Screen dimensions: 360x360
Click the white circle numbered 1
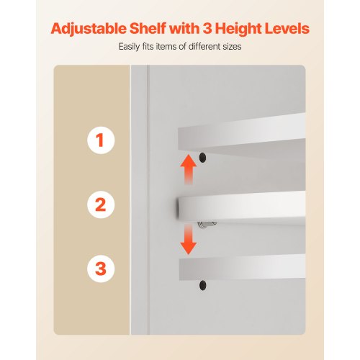tap(101, 140)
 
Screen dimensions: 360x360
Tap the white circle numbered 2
tap(101, 204)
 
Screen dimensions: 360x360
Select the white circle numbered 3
tap(101, 269)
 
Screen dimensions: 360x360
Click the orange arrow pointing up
tap(189, 169)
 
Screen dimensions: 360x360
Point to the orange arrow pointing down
tap(189, 240)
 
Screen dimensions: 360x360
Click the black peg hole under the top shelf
tap(203, 158)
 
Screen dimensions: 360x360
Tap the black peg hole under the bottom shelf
tap(203, 285)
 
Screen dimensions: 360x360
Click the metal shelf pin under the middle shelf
tap(207, 224)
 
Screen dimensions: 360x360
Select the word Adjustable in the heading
tap(89, 30)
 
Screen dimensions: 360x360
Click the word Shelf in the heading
tap(148, 29)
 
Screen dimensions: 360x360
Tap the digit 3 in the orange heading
tap(207, 29)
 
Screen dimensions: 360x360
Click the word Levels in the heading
tap(287, 29)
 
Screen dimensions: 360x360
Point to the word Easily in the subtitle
tap(129, 47)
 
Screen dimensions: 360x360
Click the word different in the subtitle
tap(204, 46)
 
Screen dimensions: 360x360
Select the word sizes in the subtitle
tap(232, 47)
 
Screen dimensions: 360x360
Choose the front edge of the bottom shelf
tap(242, 268)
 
